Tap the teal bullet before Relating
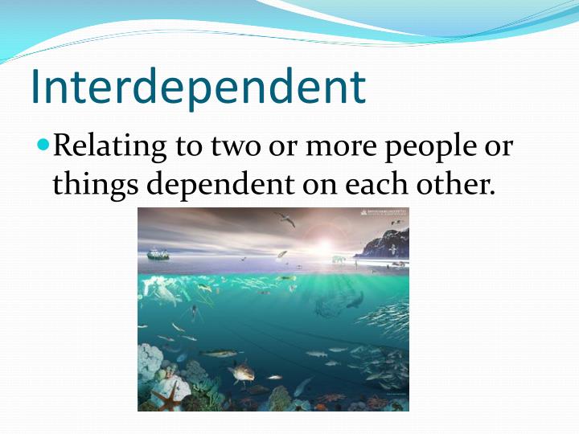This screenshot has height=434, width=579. tap(43, 146)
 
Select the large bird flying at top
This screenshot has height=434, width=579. tap(283, 218)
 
